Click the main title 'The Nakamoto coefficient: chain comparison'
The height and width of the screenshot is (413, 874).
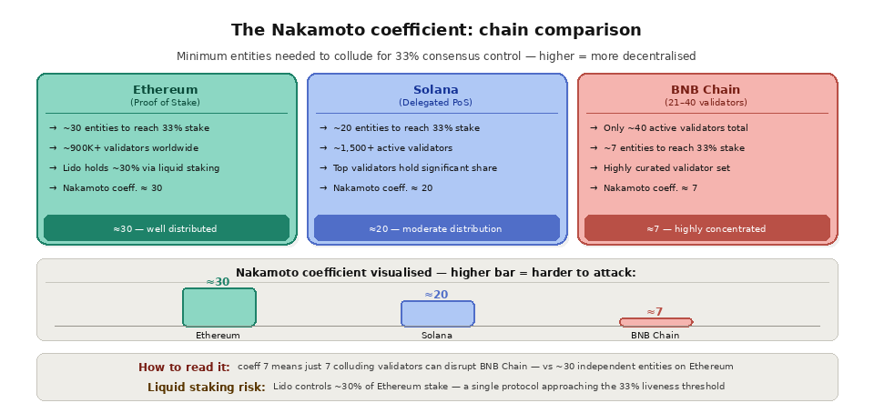click(x=436, y=30)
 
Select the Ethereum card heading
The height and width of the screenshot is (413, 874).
click(x=165, y=90)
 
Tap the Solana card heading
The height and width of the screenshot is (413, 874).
click(x=436, y=90)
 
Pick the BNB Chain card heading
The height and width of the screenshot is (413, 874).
click(x=706, y=90)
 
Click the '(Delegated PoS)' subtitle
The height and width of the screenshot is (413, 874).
click(x=436, y=103)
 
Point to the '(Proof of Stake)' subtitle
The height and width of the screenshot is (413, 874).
click(x=165, y=103)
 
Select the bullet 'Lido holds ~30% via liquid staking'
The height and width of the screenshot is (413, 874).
click(x=141, y=168)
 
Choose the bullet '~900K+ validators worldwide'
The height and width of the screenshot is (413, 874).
click(x=130, y=148)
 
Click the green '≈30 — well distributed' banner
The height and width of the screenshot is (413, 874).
click(x=166, y=228)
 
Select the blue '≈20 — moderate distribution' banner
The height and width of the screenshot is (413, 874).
click(x=436, y=228)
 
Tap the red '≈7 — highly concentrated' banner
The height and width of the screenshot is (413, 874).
click(x=706, y=228)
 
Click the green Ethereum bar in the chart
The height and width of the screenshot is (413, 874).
click(x=218, y=307)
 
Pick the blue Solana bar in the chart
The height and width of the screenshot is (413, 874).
click(x=437, y=313)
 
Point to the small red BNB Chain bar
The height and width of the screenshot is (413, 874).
click(x=655, y=322)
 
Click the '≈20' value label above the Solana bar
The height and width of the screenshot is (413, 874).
click(x=436, y=295)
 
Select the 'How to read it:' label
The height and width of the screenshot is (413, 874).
click(x=184, y=367)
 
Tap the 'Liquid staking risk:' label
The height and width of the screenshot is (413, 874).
click(x=207, y=387)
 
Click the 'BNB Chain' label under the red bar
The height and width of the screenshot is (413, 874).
click(x=655, y=335)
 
